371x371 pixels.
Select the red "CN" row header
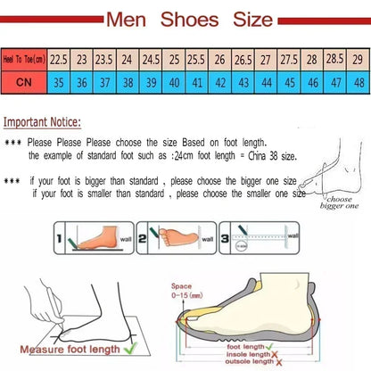(23, 81)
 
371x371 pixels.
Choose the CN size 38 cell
(127, 81)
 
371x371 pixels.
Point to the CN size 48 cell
(356, 81)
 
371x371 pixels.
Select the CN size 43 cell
(242, 81)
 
